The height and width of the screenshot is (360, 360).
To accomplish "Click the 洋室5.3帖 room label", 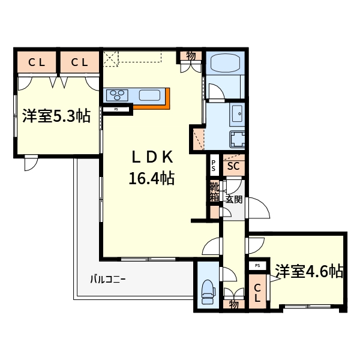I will pyautogui.click(x=56, y=116).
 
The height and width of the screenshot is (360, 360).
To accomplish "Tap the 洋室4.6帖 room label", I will pyautogui.click(x=309, y=272).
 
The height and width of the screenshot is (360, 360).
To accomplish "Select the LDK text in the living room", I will pyautogui.click(x=152, y=157).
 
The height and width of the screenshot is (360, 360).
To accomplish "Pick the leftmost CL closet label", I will pyautogui.click(x=36, y=61).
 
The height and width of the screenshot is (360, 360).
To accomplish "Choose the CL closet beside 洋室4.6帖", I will pyautogui.click(x=257, y=293).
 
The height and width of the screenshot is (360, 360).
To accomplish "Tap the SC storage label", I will pyautogui.click(x=233, y=166).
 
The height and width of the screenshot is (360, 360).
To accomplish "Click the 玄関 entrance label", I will pyautogui.click(x=233, y=199).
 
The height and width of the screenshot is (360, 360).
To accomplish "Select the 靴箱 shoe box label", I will pyautogui.click(x=214, y=193).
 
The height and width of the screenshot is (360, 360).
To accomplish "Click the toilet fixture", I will pyautogui.click(x=208, y=290).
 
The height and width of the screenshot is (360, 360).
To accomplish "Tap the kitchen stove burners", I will pyautogui.click(x=117, y=95).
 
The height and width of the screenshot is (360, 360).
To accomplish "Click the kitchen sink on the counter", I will pyautogui.click(x=150, y=95).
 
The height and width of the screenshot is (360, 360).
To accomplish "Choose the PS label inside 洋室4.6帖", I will pyautogui.click(x=257, y=265).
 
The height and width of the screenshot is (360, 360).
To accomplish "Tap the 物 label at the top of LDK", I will pyautogui.click(x=191, y=56).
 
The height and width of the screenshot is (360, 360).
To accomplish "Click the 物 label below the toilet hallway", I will pyautogui.click(x=233, y=305).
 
